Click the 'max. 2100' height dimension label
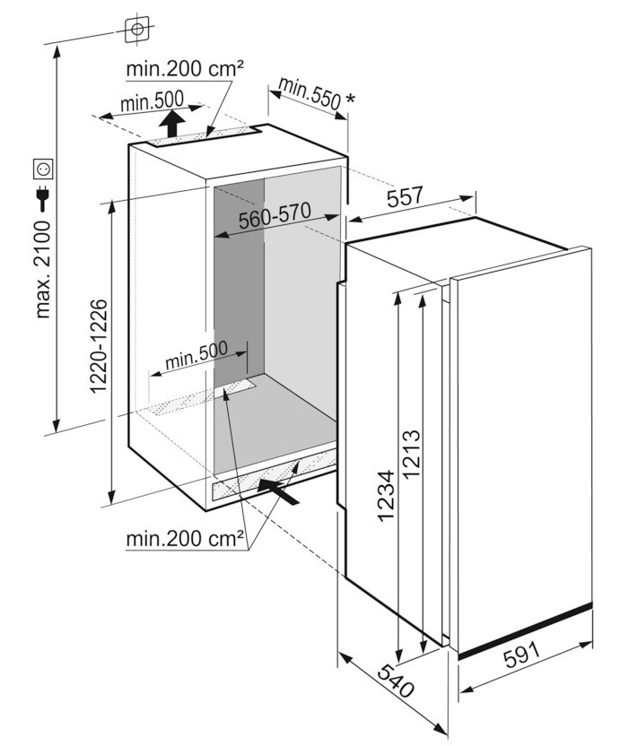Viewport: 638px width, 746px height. [x=43, y=270]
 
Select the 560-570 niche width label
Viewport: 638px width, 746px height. [x=275, y=215]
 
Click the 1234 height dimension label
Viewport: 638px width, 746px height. [x=385, y=496]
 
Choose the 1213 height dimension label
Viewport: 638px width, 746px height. [x=411, y=454]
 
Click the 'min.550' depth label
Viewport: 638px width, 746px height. [x=310, y=93]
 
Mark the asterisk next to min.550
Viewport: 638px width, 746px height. [x=350, y=99]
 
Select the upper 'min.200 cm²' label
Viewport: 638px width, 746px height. [x=185, y=69]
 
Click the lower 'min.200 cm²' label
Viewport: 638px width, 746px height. [x=185, y=539]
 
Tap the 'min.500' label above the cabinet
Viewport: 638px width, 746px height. [x=152, y=101]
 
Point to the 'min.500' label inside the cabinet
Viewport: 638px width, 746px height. [x=197, y=354]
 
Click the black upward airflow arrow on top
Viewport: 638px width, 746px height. [x=172, y=124]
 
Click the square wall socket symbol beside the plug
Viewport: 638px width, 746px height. [x=43, y=168]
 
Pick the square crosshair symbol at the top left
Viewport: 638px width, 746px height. [x=137, y=30]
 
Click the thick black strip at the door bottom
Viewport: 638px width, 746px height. [x=525, y=630]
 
